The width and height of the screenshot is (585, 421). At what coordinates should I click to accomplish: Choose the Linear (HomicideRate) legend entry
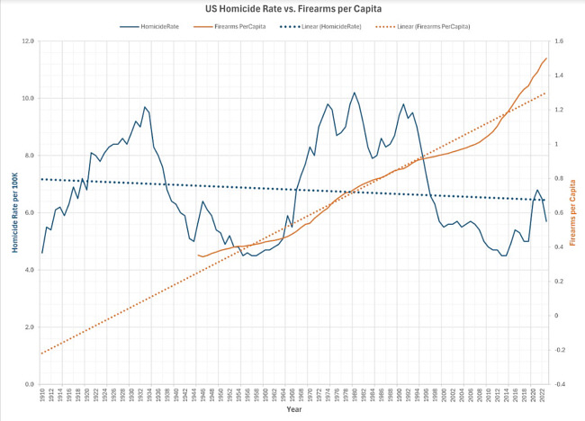click(328, 27)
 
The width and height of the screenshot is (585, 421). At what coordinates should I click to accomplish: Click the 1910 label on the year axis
click(41, 396)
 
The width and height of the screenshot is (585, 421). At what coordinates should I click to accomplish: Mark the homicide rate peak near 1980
click(355, 93)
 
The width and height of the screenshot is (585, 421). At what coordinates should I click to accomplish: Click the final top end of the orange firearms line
click(545, 58)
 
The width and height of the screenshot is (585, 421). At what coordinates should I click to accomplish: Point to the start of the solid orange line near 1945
click(197, 255)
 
